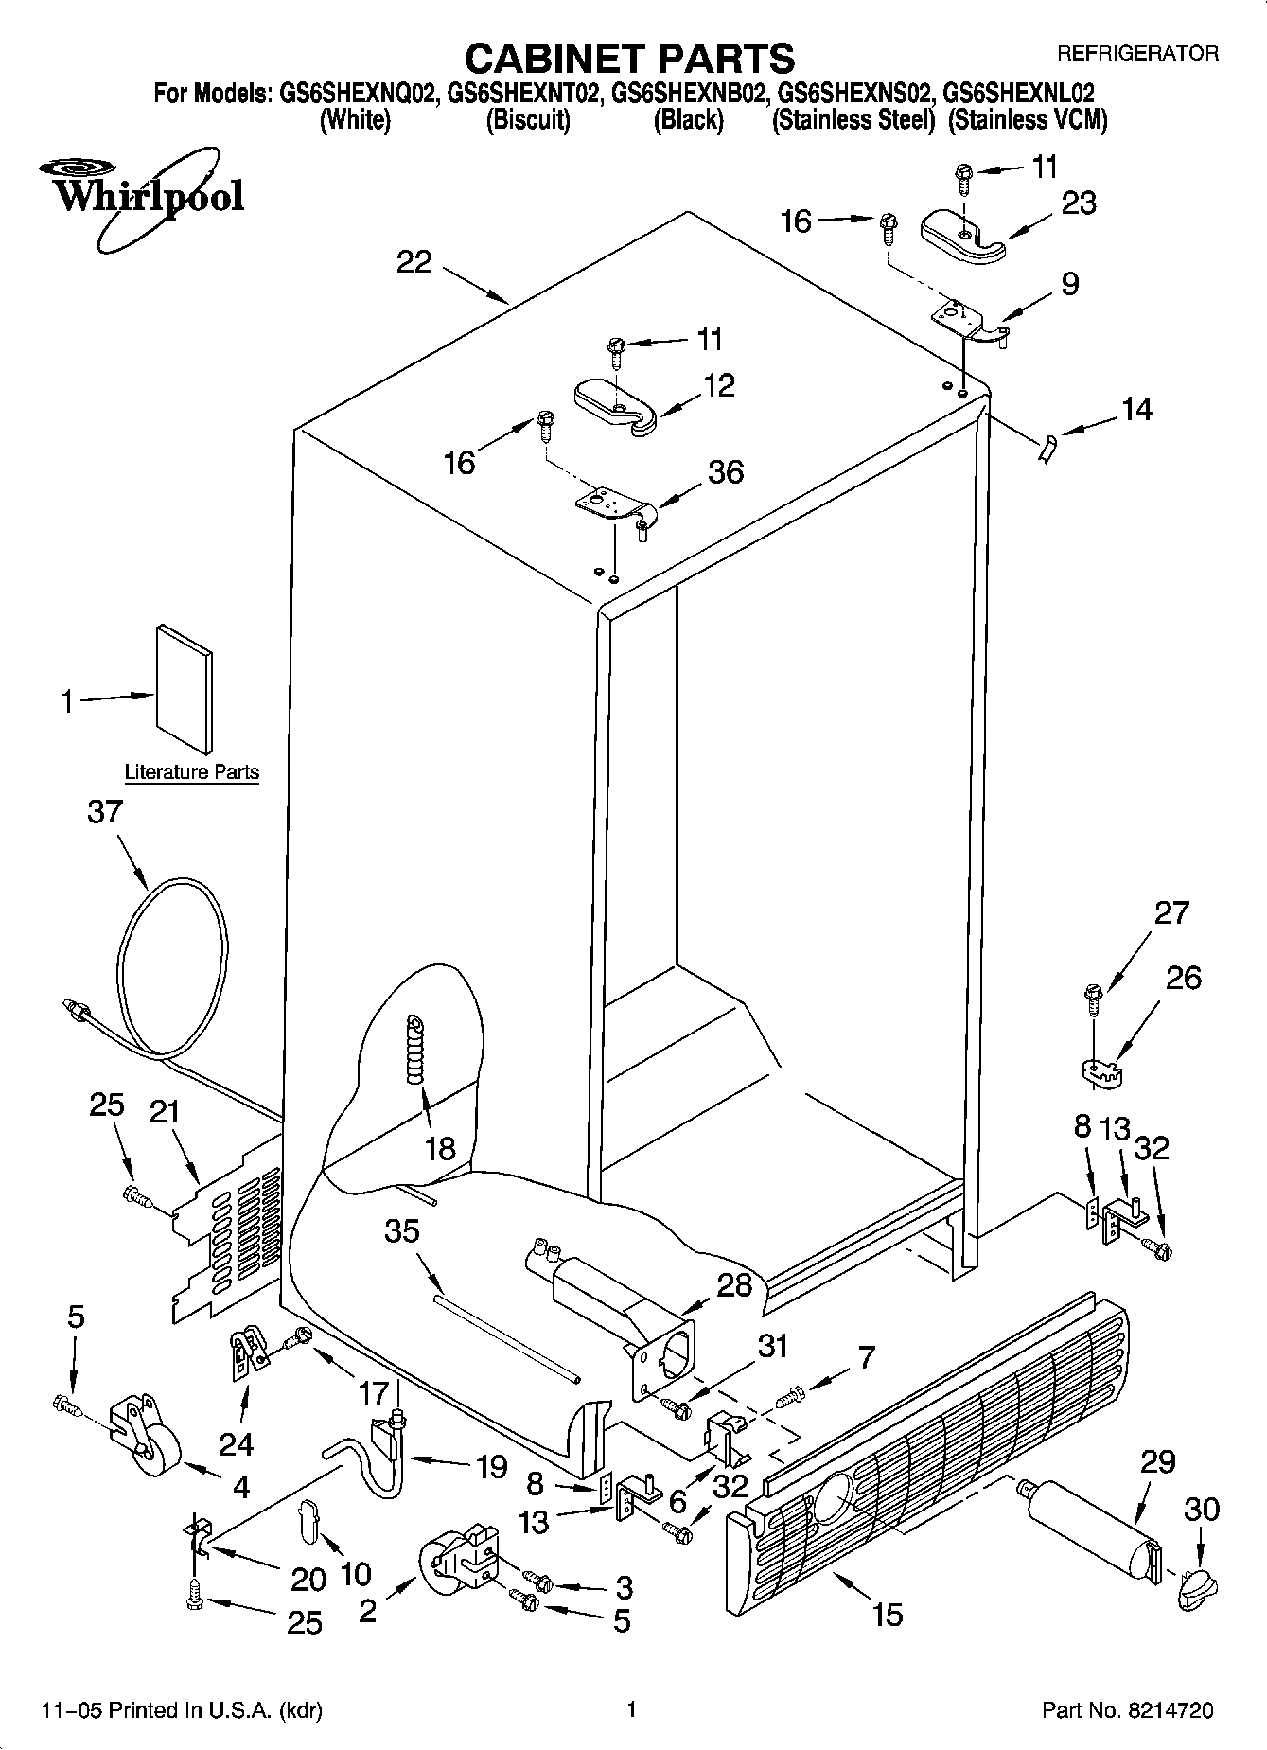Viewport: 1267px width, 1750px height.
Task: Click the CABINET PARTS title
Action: (x=630, y=59)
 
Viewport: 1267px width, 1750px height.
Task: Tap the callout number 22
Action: (x=414, y=262)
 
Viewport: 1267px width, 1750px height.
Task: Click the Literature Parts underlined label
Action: (x=192, y=772)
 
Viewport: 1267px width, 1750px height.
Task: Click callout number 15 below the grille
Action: (x=888, y=1613)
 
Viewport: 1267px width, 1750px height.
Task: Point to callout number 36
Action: (x=726, y=471)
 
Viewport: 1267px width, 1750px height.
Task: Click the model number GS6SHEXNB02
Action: (x=689, y=94)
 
